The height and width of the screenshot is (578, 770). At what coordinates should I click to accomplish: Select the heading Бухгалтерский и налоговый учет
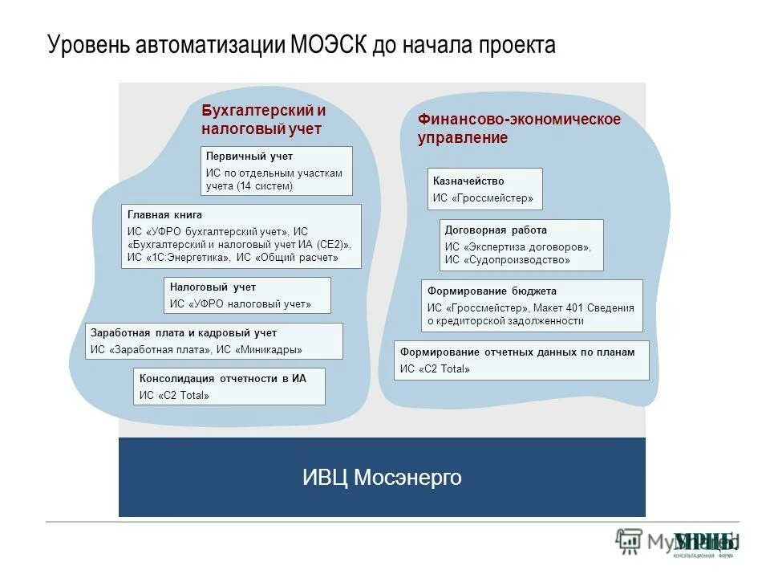pos(263,120)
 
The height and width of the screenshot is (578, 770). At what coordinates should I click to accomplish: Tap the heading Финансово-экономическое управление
pos(518,128)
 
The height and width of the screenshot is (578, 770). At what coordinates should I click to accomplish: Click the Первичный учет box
pos(276,171)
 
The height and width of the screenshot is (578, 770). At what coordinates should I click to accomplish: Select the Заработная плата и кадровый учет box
pos(214,341)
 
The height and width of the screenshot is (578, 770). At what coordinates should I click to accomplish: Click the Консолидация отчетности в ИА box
pos(229,386)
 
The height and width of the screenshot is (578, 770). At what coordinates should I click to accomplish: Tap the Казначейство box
pos(484,189)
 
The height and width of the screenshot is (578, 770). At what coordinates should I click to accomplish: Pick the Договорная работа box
pos(521,245)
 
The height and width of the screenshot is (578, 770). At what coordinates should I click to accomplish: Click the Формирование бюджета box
pos(532,306)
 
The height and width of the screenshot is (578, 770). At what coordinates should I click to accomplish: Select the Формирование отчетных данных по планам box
pos(521,360)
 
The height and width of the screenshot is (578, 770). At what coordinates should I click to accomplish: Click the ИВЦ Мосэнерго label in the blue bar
pos(382,478)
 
